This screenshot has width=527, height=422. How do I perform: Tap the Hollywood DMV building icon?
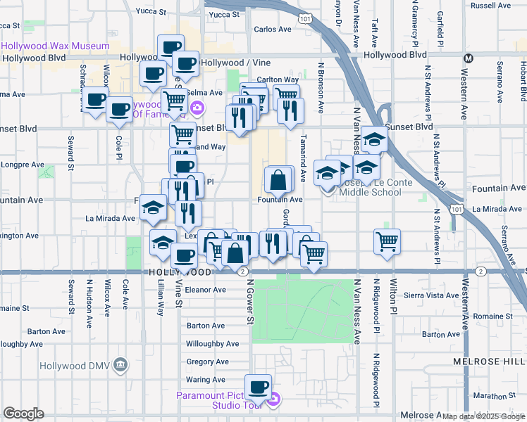click(x=120, y=365)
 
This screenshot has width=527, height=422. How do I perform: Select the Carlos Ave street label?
click(x=273, y=30)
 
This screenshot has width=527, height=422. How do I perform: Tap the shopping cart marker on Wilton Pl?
click(x=387, y=242)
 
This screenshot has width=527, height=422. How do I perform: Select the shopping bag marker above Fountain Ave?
click(x=278, y=181)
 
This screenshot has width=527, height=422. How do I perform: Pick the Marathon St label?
click(x=502, y=395)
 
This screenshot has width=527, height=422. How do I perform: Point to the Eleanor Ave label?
click(x=205, y=289)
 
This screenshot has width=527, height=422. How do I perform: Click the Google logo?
click(x=24, y=414)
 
